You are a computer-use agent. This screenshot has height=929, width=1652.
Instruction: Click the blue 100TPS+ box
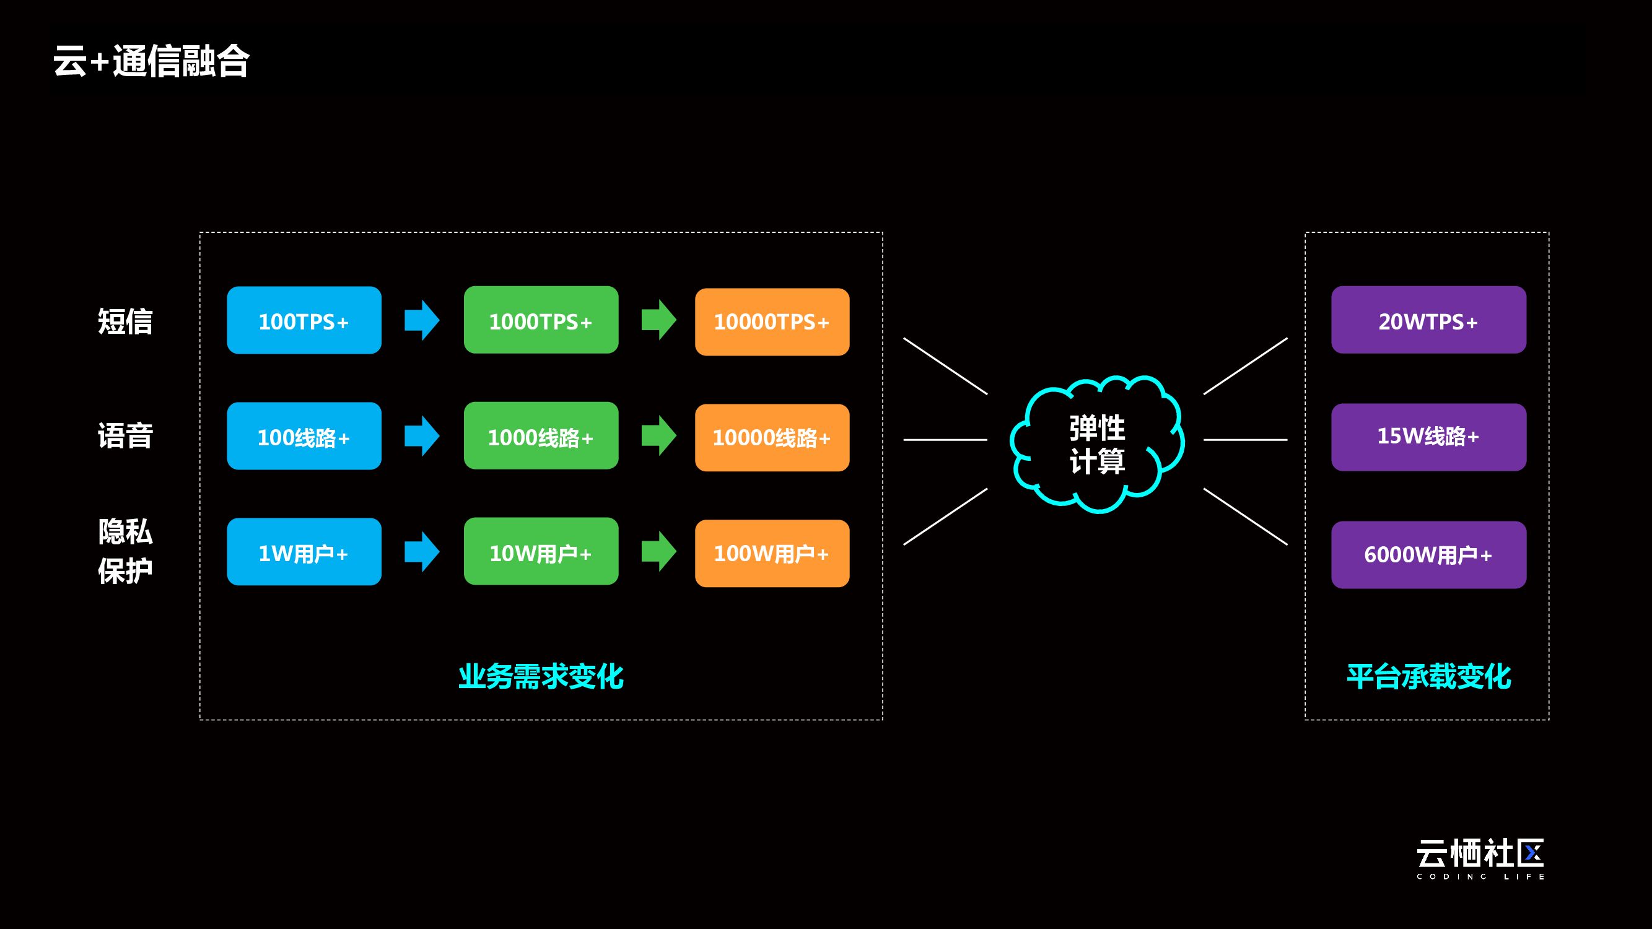coord(304,320)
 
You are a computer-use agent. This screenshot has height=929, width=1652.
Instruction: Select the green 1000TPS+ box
coord(541,320)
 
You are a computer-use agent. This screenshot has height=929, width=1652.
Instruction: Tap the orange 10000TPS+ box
coord(772,322)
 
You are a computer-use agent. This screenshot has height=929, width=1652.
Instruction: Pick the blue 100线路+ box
coord(304,436)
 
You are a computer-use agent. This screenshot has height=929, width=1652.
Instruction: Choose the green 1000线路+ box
coord(541,436)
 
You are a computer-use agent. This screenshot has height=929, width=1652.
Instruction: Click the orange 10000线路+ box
coord(772,438)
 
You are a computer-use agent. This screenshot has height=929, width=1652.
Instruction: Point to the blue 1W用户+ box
coord(304,551)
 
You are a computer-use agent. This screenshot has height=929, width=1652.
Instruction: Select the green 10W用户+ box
coord(541,551)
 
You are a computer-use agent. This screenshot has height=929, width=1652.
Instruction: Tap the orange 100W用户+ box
coord(772,553)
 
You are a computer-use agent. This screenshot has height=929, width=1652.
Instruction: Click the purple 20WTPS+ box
coord(1429,320)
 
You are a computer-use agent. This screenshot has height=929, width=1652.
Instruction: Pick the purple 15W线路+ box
coord(1429,437)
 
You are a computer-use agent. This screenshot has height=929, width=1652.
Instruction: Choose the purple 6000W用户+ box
coord(1429,554)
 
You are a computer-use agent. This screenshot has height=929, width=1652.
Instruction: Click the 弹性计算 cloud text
coord(1097,444)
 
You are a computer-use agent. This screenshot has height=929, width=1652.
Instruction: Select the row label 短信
coord(125,321)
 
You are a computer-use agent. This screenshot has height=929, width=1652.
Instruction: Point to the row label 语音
coord(125,436)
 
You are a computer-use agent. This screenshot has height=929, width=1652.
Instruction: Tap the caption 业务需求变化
coord(541,676)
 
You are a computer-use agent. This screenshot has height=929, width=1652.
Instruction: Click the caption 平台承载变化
coord(1429,676)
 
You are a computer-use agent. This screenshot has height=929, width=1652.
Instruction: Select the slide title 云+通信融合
coord(151,61)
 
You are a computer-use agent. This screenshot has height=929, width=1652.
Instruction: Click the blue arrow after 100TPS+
coord(422,320)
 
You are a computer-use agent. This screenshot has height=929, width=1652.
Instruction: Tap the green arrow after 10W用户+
coord(659,551)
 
